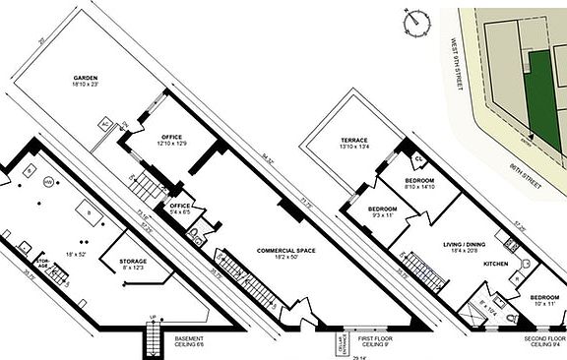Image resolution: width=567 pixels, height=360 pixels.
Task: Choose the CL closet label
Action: click(417, 157)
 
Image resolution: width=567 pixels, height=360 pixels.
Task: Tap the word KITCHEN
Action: click(494, 265)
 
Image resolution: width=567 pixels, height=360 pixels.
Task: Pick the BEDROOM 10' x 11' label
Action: click(545, 300)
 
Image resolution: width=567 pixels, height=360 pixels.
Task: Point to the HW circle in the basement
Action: click(46, 181)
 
